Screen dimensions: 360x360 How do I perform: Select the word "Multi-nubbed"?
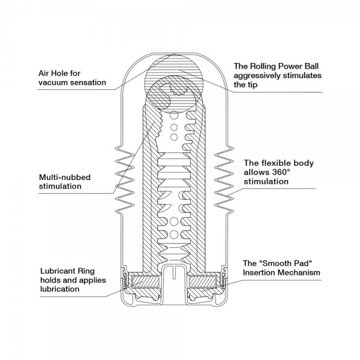65,177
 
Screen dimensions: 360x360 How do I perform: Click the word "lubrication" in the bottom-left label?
59,289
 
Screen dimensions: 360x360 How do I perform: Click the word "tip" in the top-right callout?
253,85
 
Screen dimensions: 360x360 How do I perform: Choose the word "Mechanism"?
298,272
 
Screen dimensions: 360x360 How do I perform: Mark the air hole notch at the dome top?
174,54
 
